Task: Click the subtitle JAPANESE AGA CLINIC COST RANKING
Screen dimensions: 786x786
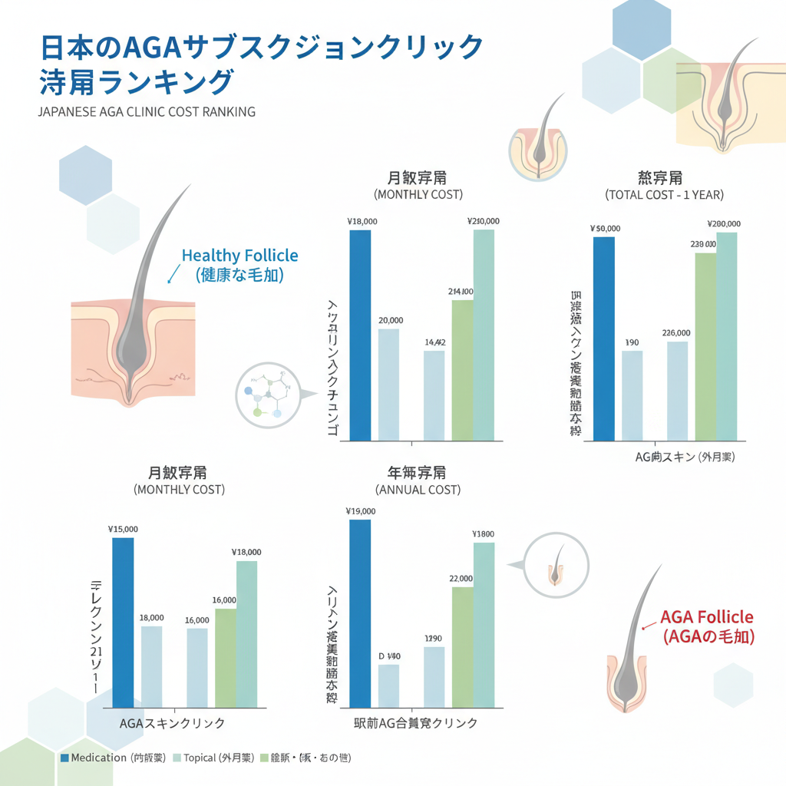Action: point(146,111)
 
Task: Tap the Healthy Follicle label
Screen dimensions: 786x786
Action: point(239,256)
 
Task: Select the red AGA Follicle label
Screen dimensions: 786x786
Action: point(707,618)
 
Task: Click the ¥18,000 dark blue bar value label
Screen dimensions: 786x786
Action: point(362,222)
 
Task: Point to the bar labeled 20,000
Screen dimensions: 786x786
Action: point(388,384)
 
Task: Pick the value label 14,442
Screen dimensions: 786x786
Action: point(434,342)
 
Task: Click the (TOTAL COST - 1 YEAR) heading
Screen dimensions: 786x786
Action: point(664,195)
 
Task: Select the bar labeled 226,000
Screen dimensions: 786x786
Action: point(677,391)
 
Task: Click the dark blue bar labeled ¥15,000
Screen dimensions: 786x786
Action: point(123,622)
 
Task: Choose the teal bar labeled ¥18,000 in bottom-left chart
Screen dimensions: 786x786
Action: point(246,633)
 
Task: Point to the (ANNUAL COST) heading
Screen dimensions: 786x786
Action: point(418,490)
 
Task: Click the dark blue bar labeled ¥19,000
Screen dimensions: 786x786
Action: point(360,614)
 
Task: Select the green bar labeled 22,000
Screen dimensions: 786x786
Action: point(463,646)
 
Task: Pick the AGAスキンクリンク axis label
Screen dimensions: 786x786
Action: point(173,723)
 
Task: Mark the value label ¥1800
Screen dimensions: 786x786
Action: point(484,534)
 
